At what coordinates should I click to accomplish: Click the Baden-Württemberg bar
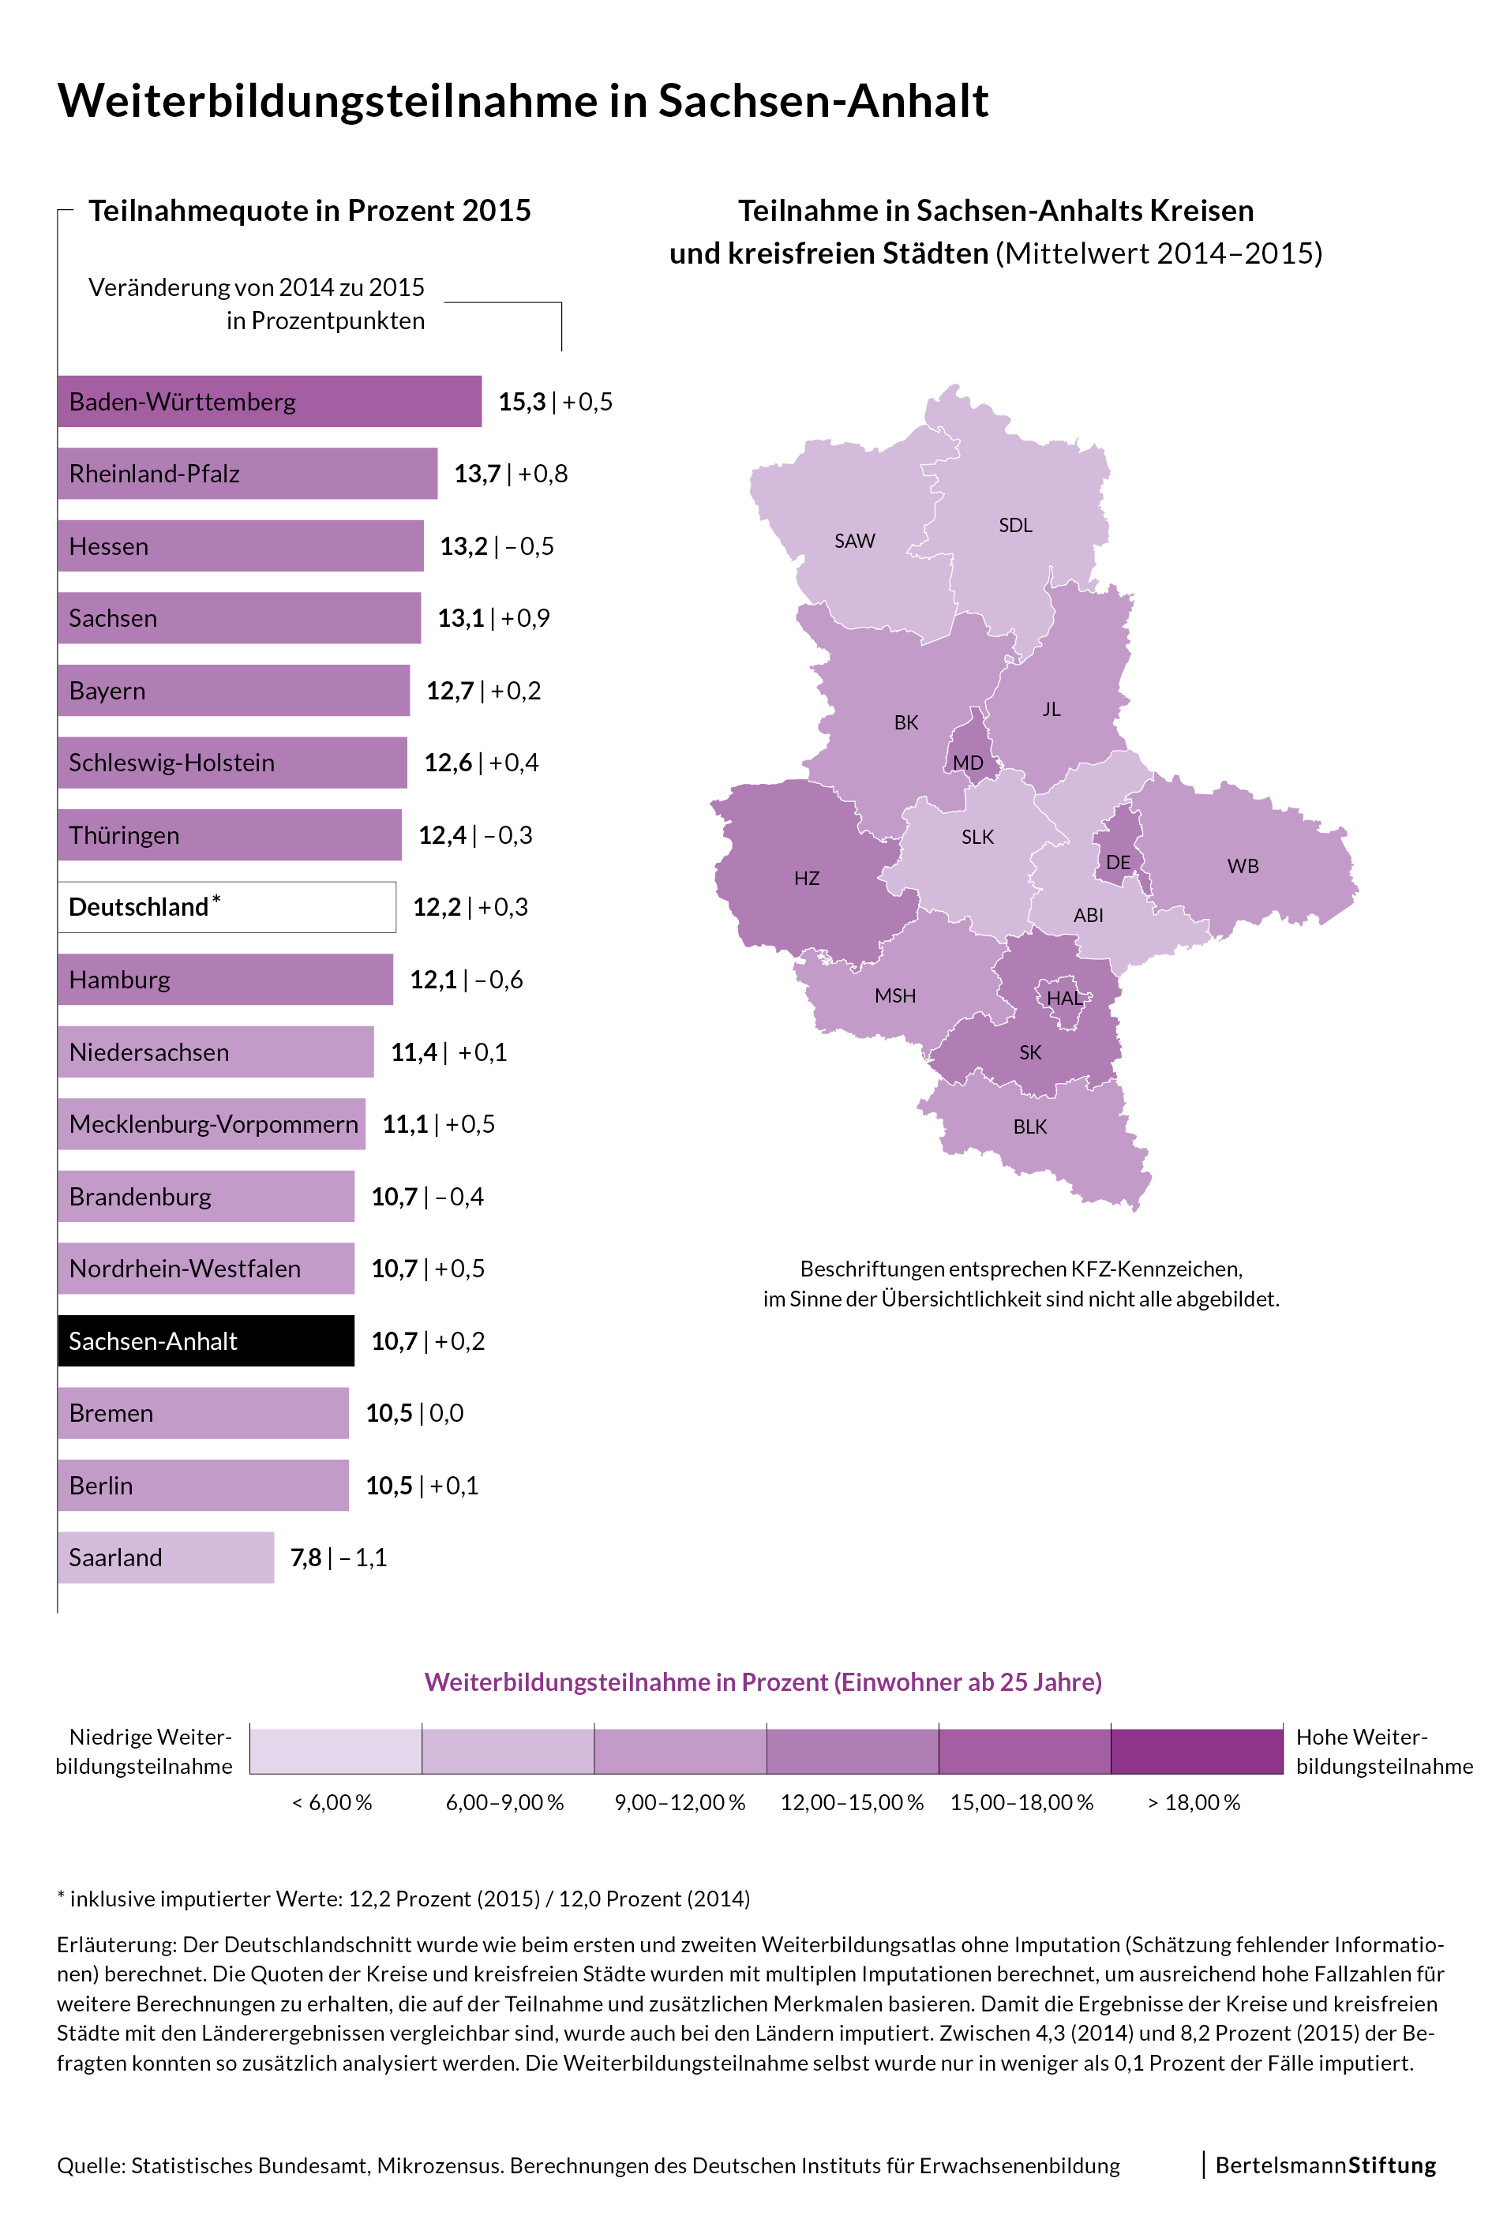point(269,402)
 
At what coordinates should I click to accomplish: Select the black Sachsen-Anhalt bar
point(205,1340)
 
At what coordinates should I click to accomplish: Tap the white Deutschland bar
point(227,907)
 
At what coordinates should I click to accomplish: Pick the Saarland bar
point(166,1558)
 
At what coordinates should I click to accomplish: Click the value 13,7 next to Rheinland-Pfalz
point(478,474)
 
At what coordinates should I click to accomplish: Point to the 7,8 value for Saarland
point(306,1558)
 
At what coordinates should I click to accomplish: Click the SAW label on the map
point(854,542)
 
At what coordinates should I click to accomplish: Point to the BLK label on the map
point(1029,1126)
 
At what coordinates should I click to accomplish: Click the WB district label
point(1243,866)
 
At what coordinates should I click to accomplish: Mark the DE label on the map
point(1118,862)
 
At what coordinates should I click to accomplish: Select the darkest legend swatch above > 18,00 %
point(1196,1752)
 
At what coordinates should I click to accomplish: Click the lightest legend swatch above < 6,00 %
point(336,1752)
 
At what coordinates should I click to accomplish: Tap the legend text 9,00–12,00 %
point(680,1802)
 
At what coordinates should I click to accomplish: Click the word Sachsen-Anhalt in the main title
point(823,101)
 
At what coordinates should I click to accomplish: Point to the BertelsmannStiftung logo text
point(1325,2165)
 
